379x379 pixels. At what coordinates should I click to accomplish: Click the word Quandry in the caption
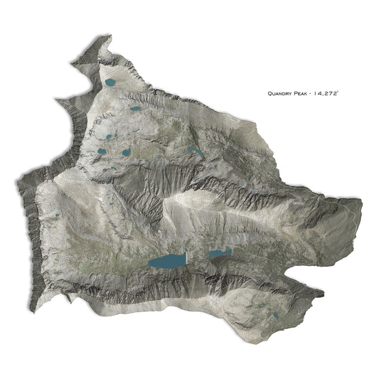point(282,93)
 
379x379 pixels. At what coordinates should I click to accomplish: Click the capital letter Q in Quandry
point(270,93)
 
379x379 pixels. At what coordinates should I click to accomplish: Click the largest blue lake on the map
point(166,262)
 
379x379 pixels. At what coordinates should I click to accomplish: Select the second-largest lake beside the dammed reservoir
point(216,253)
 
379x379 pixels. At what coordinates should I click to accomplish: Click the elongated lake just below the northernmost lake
point(134,109)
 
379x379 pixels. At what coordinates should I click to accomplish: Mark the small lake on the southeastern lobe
point(275,314)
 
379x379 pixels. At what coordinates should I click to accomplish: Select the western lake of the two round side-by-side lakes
point(102,151)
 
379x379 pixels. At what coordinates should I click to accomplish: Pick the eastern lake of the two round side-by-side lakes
point(126,151)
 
